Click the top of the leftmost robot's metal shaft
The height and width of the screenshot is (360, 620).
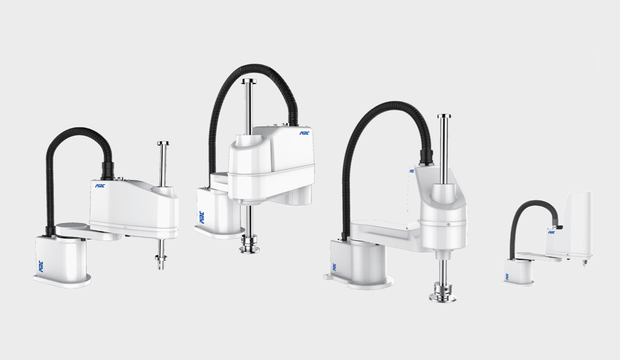161,145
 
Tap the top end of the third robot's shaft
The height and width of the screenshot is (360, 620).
441,119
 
